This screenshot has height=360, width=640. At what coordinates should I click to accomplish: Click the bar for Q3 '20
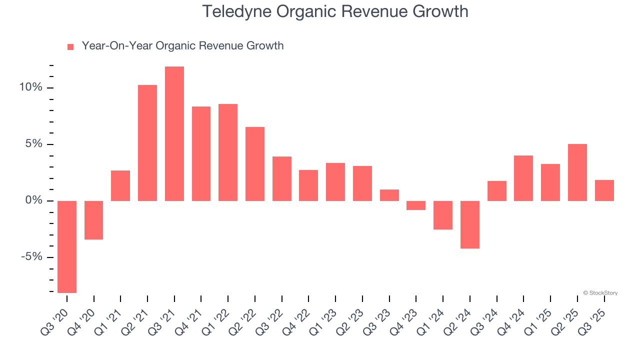[x=67, y=246]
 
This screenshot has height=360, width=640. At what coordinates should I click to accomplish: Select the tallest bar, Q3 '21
[x=174, y=133]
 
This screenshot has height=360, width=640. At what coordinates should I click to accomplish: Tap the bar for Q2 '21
[x=147, y=143]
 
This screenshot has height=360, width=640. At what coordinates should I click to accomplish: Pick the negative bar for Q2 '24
[x=470, y=224]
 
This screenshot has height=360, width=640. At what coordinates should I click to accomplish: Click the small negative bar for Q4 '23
[x=416, y=205]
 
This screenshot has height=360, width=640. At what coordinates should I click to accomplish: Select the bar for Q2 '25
[x=577, y=172]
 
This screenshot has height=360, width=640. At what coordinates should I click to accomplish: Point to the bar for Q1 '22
[x=228, y=152]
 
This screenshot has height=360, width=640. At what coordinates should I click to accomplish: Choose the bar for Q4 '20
[x=94, y=220]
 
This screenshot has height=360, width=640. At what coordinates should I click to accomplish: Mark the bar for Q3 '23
[x=389, y=195]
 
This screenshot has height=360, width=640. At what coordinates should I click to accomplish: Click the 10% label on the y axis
[x=31, y=87]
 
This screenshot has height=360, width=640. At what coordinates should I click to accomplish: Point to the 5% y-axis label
[x=34, y=144]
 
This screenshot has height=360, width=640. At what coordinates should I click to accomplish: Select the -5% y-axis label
[x=32, y=257]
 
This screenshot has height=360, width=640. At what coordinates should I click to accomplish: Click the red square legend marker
[x=70, y=46]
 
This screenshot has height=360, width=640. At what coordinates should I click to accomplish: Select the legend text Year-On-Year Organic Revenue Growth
[x=182, y=46]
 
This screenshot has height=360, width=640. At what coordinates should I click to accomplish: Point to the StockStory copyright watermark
[x=600, y=293]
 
